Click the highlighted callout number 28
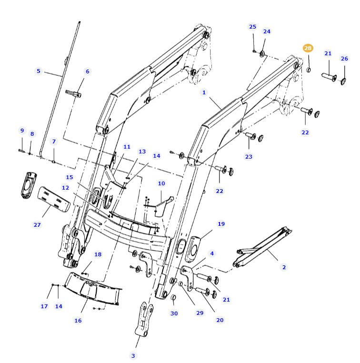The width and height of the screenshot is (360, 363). pyautogui.click(x=308, y=48)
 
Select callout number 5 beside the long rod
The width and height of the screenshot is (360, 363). pyautogui.click(x=39, y=71)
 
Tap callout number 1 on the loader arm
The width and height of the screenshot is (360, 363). pyautogui.click(x=204, y=92)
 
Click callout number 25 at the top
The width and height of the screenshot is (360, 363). pyautogui.click(x=252, y=27)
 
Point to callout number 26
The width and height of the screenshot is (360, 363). pyautogui.click(x=344, y=59)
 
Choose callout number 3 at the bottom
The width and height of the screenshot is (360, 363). pyautogui.click(x=133, y=355)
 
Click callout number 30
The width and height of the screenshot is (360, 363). pyautogui.click(x=174, y=313)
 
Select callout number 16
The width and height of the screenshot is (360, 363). pyautogui.click(x=78, y=320)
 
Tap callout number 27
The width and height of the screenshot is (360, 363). pyautogui.click(x=37, y=224)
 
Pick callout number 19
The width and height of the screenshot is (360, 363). pyautogui.click(x=221, y=224)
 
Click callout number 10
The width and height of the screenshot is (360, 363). pyautogui.click(x=161, y=183)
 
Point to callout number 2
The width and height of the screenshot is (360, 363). pyautogui.click(x=284, y=267)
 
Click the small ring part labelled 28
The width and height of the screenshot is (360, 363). pyautogui.click(x=309, y=70)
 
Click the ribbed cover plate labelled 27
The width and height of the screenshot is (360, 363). pyautogui.click(x=54, y=199)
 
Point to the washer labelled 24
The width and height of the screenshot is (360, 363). pyautogui.click(x=262, y=52)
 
